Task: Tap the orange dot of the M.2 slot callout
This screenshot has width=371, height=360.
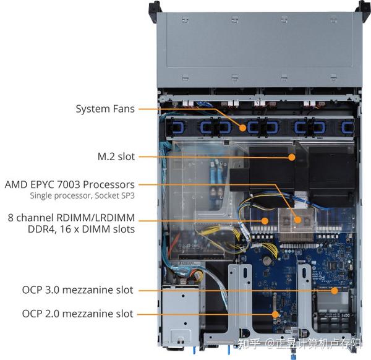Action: (x=291, y=157)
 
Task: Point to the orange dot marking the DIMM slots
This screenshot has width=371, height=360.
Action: (x=265, y=220)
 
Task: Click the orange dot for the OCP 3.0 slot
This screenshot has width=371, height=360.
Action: (x=334, y=290)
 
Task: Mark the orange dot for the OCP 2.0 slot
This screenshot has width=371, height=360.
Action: (x=275, y=314)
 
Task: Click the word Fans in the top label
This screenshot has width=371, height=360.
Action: (x=121, y=109)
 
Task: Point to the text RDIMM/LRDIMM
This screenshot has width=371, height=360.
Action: (x=95, y=218)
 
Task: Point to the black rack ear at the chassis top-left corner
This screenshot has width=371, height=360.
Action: (x=155, y=7)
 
